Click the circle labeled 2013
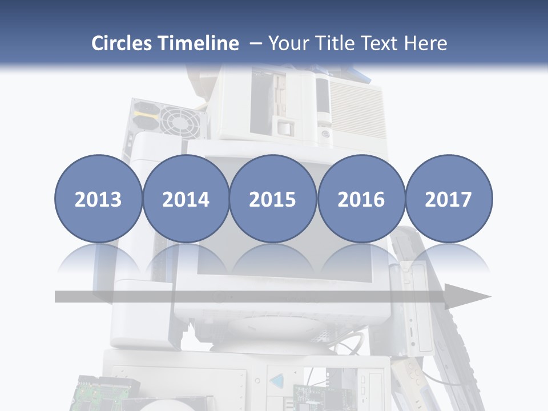pyautogui.click(x=98, y=199)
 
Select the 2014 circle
pyautogui.click(x=186, y=199)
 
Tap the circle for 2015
pyautogui.click(x=273, y=199)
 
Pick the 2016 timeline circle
pyautogui.click(x=361, y=199)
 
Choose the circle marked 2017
pyautogui.click(x=449, y=199)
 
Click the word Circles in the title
pyautogui.click(x=122, y=43)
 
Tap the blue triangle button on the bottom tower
pyautogui.click(x=276, y=381)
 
